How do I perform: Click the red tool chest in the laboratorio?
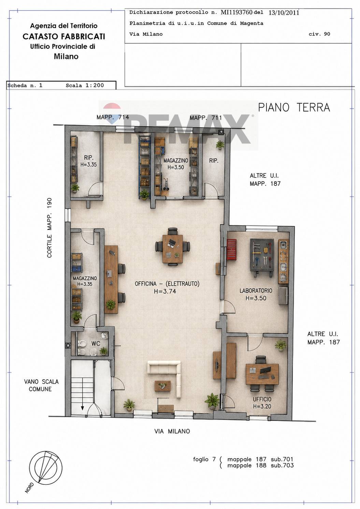pyautogui.click(x=231, y=249)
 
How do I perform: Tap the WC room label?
pyautogui.click(x=96, y=343)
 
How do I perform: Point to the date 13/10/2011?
pyautogui.click(x=284, y=13)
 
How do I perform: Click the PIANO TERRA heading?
pyautogui.click(x=294, y=108)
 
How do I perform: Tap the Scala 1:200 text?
pyautogui.click(x=85, y=85)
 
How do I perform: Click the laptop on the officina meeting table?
pyautogui.click(x=171, y=244)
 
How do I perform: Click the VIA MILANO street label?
pyautogui.click(x=172, y=431)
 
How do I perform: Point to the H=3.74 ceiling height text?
pyautogui.click(x=165, y=291)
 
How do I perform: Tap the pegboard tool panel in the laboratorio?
pyautogui.click(x=262, y=255)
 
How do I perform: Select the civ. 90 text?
pyautogui.click(x=319, y=34)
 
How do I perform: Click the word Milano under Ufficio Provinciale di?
pyautogui.click(x=66, y=56)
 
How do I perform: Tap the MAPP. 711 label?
pyautogui.click(x=205, y=118)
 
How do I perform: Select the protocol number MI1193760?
pyautogui.click(x=236, y=12)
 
